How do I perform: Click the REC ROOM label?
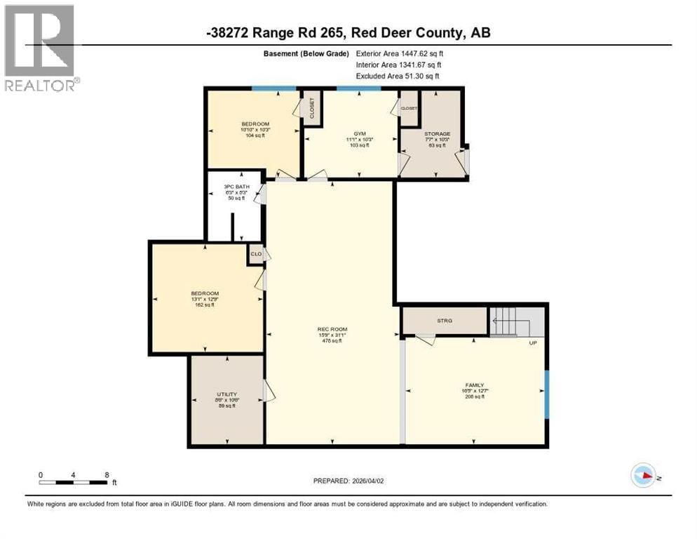(x=333, y=329)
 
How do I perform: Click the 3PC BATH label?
(x=236, y=186)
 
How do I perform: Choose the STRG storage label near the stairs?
(x=445, y=320)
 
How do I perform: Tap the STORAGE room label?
(x=436, y=133)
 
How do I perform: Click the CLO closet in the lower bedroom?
(x=256, y=254)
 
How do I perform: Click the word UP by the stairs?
(x=532, y=343)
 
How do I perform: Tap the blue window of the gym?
(x=358, y=88)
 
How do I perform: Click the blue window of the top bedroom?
(x=274, y=88)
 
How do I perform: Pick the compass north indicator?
(x=644, y=475)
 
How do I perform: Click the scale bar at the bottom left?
(x=74, y=480)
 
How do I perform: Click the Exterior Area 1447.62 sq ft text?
(x=400, y=53)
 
